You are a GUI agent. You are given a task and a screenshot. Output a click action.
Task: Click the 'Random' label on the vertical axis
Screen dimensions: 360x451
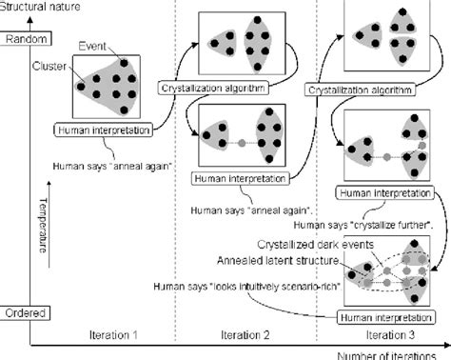point(20,39)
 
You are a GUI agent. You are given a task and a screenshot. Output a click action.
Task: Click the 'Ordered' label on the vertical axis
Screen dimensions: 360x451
point(20,311)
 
